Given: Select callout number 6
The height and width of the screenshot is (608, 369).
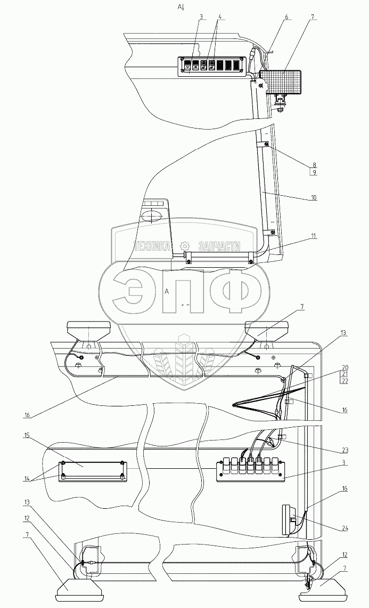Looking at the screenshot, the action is pos(286,17).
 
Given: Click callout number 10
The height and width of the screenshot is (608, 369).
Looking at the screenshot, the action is pos(314,197).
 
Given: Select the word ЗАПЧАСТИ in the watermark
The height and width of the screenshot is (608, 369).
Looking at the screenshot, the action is pos(219,246).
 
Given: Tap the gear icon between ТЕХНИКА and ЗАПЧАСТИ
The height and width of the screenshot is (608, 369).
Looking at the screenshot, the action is pos(185,246).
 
